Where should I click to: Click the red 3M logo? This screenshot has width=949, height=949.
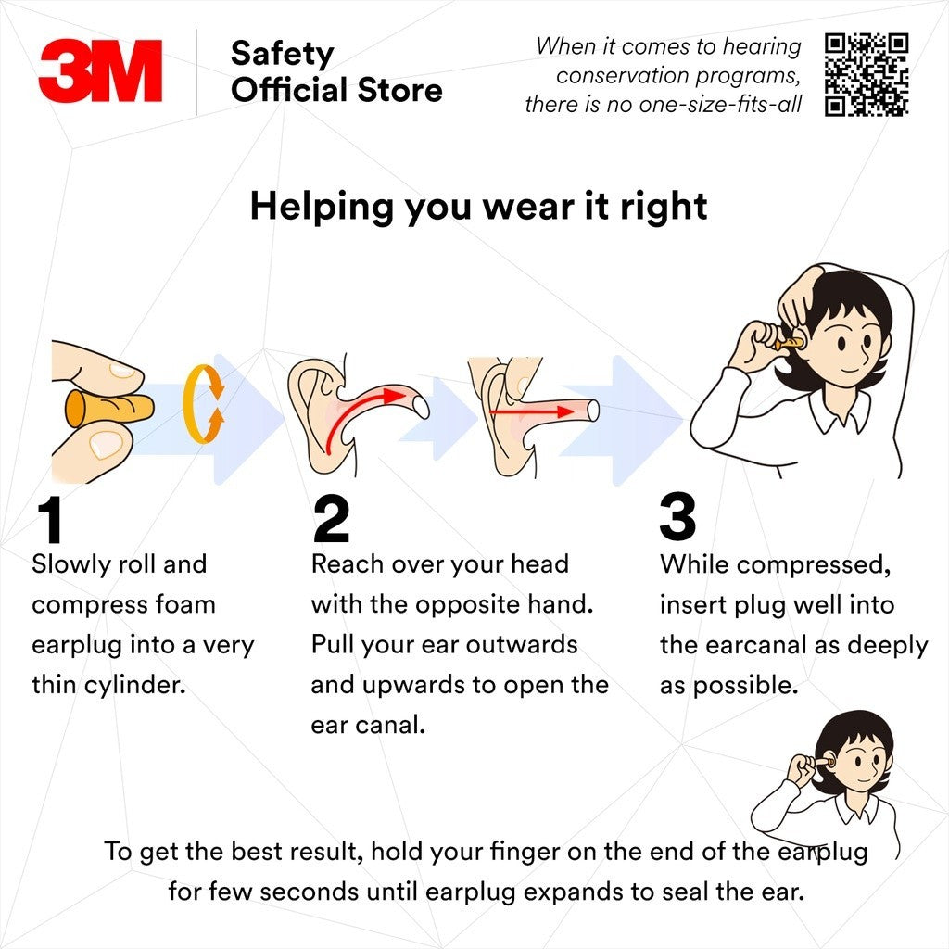pyautogui.click(x=100, y=70)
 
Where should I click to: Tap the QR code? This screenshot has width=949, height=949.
pyautogui.click(x=867, y=74)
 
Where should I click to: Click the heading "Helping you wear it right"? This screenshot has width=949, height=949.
pyautogui.click(x=478, y=207)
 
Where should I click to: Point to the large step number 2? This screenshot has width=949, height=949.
pyautogui.click(x=331, y=519)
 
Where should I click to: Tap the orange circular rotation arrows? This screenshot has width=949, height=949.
pyautogui.click(x=203, y=403)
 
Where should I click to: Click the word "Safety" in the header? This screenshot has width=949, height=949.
pyautogui.click(x=282, y=55)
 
